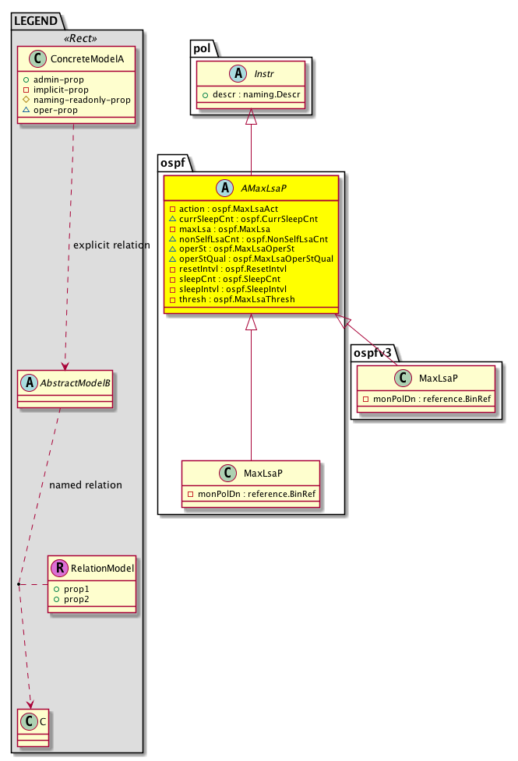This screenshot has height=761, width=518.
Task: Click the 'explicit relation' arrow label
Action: [x=111, y=245]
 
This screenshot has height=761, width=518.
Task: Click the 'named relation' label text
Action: [x=85, y=484]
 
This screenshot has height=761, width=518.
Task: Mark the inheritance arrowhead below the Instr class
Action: [x=251, y=116]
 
